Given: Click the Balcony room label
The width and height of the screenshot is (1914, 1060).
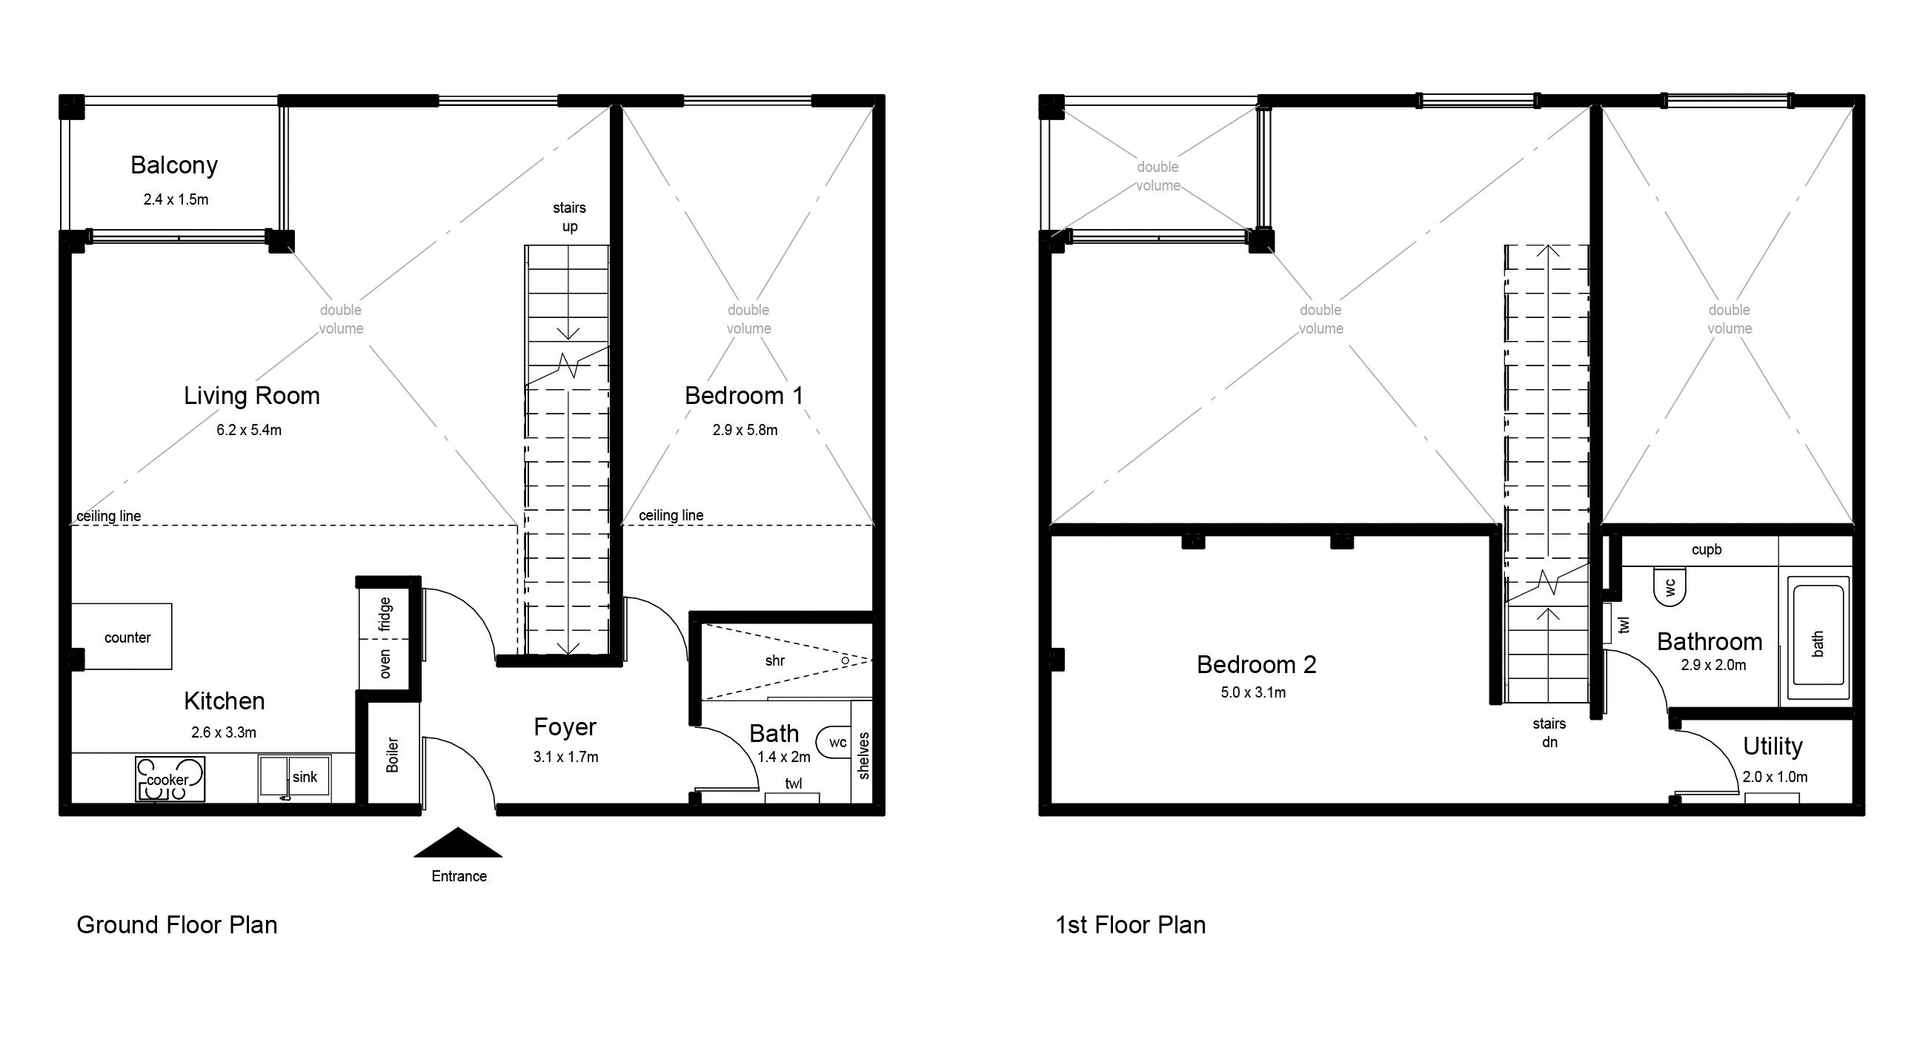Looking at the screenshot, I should coord(174,165).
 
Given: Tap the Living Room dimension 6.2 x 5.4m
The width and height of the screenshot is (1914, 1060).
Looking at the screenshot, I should coord(249,430).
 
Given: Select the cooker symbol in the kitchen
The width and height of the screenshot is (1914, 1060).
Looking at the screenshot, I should coord(170,779).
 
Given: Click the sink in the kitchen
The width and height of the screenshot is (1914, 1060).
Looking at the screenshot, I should coord(295,778).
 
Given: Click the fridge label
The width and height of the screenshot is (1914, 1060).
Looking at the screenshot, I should coord(385,614).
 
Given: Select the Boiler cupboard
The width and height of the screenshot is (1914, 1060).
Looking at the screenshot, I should coord(392,755).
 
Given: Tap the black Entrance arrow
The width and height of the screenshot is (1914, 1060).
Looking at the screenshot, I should coord(458,844).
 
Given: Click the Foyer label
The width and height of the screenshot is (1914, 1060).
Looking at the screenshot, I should coord(565,726).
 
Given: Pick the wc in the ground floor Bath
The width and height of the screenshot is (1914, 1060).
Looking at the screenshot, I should coord(834,742).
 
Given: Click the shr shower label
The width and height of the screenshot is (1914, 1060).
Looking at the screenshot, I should coord(774,660).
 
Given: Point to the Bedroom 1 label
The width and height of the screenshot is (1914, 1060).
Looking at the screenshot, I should coord(744,395).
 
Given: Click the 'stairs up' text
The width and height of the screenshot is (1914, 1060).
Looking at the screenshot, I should coord(569,216).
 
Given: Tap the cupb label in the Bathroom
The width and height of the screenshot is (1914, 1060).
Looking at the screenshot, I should coord(1706,549).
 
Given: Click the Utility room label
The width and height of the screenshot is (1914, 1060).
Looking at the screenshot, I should coord(1772,746).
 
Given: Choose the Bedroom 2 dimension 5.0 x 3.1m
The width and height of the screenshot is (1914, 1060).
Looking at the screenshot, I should coord(1253,692).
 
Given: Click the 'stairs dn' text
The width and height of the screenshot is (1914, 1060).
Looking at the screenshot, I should coord(1549,732).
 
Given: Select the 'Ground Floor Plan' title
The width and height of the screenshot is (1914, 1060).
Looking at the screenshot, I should coord(177,924).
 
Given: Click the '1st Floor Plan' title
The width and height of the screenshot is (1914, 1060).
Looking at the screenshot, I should coord(1130,924).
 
